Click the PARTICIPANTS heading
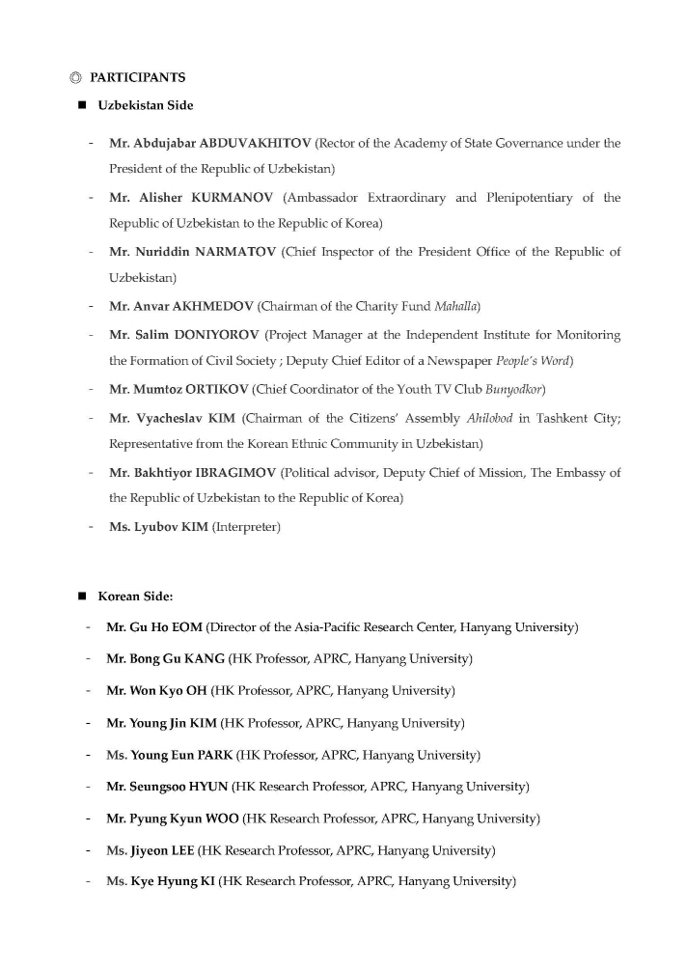(x=137, y=77)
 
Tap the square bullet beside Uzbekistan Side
(x=82, y=105)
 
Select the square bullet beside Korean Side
(x=82, y=596)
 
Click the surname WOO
(x=222, y=818)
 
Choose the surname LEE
(x=179, y=850)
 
